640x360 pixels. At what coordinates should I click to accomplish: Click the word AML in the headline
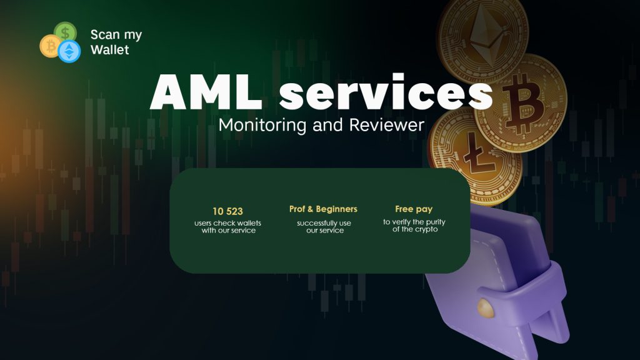[x=206, y=92]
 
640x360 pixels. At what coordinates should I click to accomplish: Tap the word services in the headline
[x=386, y=92]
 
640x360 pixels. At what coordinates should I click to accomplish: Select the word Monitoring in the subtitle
[x=262, y=126]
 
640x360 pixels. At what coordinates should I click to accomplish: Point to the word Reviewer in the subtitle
[x=386, y=125]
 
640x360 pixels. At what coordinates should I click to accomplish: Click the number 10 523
[x=227, y=211]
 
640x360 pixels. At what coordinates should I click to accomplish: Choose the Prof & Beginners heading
[x=323, y=209]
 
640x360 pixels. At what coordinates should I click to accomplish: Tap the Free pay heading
[x=414, y=209]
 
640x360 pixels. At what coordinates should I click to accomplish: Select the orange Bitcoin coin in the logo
[x=50, y=46]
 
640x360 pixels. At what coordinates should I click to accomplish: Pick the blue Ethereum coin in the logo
[x=69, y=51]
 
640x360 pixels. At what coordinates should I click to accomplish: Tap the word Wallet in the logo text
[x=110, y=50]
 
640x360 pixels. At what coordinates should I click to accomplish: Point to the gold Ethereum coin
[x=482, y=37]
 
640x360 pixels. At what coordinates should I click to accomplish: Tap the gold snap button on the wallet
[x=486, y=308]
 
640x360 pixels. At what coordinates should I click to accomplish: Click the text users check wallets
[x=227, y=223]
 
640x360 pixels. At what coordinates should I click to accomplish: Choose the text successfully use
[x=324, y=223]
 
